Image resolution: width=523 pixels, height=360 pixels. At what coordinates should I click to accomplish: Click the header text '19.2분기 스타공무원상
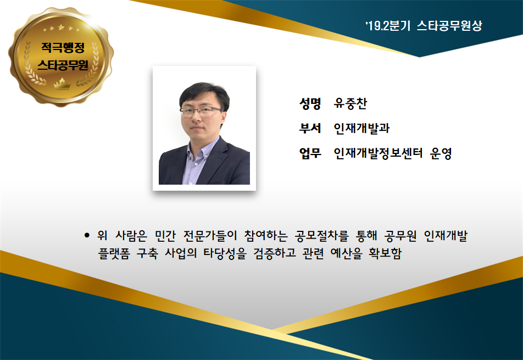[x=424, y=26]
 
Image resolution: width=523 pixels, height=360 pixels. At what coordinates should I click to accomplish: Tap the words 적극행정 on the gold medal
[x=63, y=47]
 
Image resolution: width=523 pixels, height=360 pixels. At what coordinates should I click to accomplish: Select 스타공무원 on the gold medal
[x=63, y=65]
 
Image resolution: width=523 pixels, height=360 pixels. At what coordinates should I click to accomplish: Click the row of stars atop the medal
[x=61, y=28]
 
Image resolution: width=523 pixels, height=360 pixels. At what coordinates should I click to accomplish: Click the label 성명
[x=310, y=104]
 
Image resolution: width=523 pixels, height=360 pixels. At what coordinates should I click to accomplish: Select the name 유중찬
[x=350, y=104]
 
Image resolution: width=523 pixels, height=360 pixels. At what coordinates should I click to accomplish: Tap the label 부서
[x=310, y=128]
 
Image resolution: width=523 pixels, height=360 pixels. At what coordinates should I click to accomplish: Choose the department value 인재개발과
[x=361, y=128]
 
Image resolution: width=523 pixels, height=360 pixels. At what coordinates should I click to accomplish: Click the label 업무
[x=310, y=153]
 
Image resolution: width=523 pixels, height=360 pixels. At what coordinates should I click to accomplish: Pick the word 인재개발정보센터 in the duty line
[x=378, y=153]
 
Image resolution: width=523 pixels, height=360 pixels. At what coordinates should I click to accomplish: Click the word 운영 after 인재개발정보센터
[x=441, y=153]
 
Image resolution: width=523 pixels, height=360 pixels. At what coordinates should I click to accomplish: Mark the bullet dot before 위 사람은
[x=87, y=236]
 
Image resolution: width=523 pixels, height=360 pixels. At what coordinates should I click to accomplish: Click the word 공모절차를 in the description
[x=321, y=236]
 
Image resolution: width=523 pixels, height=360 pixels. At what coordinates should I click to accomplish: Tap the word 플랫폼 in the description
[x=114, y=253]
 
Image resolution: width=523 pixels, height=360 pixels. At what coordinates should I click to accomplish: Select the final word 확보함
[x=385, y=253]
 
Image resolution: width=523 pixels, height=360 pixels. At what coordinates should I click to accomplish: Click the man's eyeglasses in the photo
[x=201, y=111]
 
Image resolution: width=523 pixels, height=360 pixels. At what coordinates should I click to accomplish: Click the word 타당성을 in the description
[x=225, y=253]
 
